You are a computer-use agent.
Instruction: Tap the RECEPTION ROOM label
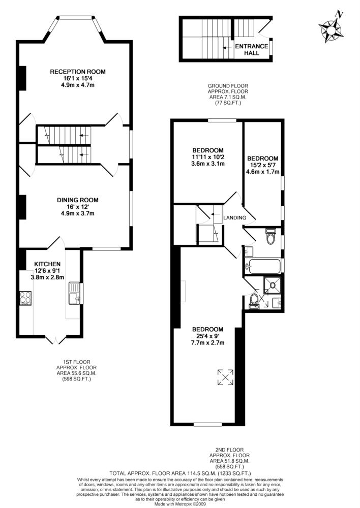[x=78, y=72]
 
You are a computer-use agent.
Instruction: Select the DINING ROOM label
[x=78, y=200]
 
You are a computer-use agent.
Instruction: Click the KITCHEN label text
[x=47, y=264]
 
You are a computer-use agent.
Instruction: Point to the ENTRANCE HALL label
[x=252, y=50]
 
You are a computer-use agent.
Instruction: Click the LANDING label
[x=234, y=218]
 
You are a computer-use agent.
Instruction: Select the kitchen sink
[x=74, y=293]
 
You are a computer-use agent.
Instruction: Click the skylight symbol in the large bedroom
[x=225, y=377]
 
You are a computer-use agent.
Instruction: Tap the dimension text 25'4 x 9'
[x=207, y=336]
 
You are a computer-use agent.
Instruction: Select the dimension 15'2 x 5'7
[x=263, y=165]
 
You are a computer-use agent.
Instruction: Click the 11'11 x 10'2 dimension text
[x=208, y=157]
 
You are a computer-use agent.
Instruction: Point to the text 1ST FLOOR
[x=77, y=362]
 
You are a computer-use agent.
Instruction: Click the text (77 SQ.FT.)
[x=228, y=103]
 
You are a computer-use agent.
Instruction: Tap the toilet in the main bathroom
[x=270, y=236]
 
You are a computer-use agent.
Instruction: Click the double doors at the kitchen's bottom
[x=56, y=339]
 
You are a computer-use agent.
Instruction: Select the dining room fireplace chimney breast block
[x=22, y=207]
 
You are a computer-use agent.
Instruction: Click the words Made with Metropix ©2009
[x=180, y=504]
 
